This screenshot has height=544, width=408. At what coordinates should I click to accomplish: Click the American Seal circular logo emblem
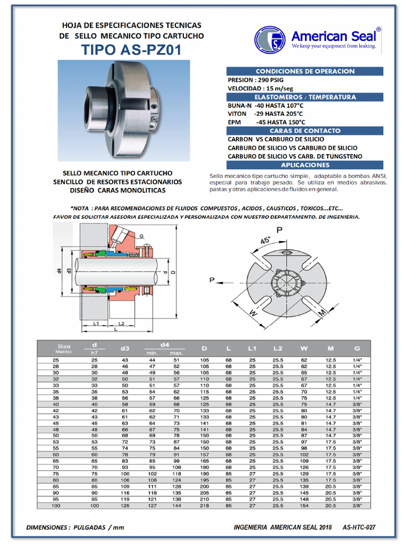click(270, 40)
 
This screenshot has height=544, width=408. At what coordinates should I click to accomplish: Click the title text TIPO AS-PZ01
click(131, 50)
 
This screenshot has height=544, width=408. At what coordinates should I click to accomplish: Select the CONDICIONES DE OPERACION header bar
click(305, 71)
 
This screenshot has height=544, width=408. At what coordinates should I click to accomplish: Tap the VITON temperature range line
click(265, 114)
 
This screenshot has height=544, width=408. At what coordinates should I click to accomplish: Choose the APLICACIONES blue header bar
click(305, 165)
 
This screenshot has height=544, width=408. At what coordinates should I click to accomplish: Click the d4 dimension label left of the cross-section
click(59, 271)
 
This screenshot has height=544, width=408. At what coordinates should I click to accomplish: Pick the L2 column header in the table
click(277, 348)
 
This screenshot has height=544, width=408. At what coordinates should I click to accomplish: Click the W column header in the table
click(304, 348)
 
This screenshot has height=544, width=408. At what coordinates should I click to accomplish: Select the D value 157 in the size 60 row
click(205, 455)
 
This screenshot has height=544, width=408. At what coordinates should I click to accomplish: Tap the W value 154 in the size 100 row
click(304, 505)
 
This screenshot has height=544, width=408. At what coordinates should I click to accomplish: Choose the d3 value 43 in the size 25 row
click(125, 360)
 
